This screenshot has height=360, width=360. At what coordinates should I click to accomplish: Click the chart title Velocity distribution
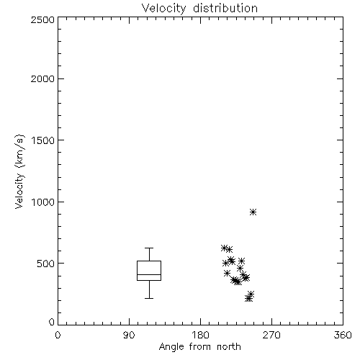tap(199, 9)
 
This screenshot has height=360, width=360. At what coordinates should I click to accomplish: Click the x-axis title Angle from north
tap(199, 347)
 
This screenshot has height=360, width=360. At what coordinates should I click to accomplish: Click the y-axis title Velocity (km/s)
tap(19, 171)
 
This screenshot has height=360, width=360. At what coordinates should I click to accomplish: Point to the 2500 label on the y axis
tap(42, 19)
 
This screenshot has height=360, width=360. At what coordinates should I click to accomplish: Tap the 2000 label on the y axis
tap(42, 78)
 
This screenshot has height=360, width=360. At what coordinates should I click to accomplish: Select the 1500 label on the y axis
tap(43, 140)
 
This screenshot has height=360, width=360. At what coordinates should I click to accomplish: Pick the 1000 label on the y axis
tap(43, 202)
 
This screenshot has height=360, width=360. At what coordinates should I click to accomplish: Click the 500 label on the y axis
tap(46, 264)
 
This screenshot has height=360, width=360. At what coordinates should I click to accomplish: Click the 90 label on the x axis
tap(129, 335)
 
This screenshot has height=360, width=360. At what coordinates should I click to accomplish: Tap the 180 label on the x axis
tap(199, 335)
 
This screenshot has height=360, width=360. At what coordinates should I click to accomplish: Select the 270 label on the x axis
tap(271, 335)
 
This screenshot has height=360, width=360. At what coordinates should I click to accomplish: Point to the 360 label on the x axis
tap(343, 335)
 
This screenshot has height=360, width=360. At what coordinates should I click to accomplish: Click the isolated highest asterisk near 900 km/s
tap(253, 212)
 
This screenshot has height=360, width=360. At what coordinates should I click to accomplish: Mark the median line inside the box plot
tap(149, 274)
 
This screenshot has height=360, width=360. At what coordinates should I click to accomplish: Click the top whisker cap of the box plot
tap(149, 248)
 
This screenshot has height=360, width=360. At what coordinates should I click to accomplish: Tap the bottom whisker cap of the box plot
tap(149, 298)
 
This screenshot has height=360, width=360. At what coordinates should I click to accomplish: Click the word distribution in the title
tap(225, 8)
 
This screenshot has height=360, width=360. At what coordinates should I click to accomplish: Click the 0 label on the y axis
tap(52, 322)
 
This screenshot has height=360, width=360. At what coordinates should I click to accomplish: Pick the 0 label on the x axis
tap(58, 335)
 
